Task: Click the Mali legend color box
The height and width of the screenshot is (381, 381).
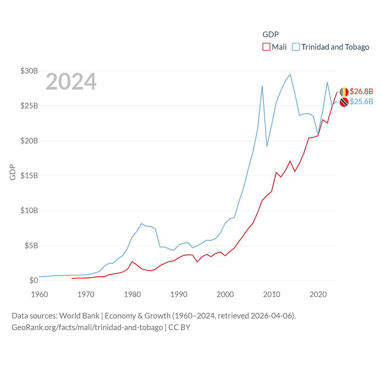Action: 266,47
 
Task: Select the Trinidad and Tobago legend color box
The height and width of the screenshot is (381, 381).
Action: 296,47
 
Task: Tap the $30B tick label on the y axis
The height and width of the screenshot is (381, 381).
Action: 29,71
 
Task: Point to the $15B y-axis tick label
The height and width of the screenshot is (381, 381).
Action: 29,176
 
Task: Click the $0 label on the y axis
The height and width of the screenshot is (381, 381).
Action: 34,280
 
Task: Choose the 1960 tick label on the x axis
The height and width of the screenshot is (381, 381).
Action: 40,294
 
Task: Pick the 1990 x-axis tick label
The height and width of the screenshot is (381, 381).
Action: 179,294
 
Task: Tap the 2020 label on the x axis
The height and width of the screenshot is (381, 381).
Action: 318,294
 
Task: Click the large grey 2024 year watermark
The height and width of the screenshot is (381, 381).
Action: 71,82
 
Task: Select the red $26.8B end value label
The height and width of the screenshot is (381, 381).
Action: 361,91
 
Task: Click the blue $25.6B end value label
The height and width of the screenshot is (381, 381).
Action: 361,102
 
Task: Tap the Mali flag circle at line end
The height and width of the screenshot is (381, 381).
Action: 344,92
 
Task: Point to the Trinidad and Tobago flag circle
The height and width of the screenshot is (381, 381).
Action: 344,102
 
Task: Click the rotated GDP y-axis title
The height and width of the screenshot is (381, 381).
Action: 13,172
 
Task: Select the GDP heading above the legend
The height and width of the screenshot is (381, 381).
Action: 271,35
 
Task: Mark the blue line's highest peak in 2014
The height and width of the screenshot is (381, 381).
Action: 290,74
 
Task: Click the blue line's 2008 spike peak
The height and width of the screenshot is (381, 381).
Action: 262,86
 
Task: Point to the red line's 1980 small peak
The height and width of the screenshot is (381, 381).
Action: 132,262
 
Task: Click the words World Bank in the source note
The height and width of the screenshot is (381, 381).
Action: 79,316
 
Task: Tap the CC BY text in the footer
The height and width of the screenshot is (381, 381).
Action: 179,327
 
